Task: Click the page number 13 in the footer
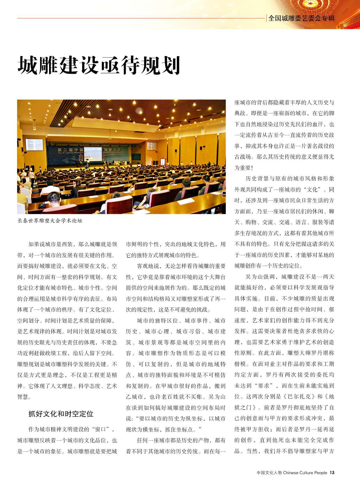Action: pyautogui.click(x=332, y=473)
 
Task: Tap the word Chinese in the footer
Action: pyautogui.click(x=291, y=473)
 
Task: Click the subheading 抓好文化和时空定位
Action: pyautogui.click(x=61, y=414)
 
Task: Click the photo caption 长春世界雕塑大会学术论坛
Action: pyautogui.click(x=50, y=221)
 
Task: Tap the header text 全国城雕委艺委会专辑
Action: pyautogui.click(x=301, y=18)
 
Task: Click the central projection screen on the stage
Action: pyautogui.click(x=93, y=154)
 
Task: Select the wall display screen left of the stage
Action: pyautogui.click(x=34, y=144)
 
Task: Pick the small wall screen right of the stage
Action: pyautogui.click(x=151, y=146)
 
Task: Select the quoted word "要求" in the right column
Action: pyautogui.click(x=264, y=386)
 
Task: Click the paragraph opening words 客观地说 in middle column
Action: pyautogui.click(x=148, y=266)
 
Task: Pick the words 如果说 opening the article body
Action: pyautogui.click(x=37, y=244)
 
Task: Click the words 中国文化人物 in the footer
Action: pyautogui.click(x=269, y=473)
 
